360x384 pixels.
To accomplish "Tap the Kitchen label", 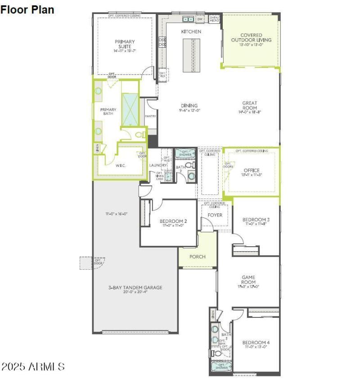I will tap(191, 32).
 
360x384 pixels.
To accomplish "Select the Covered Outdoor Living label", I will tap(251, 38).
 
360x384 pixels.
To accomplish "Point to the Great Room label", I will tap(250, 106).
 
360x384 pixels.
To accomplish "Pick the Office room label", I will tap(251, 171).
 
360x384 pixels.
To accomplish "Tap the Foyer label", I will tap(215, 215).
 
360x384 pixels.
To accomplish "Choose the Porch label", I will tap(197, 257).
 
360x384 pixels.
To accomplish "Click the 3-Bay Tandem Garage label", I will tap(135, 288).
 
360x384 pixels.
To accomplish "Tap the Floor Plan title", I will tap(27, 9).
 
